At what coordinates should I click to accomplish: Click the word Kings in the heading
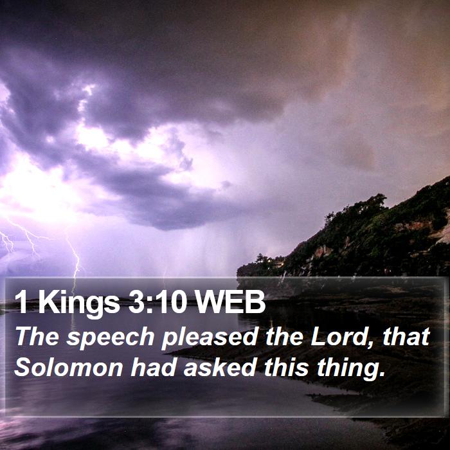[x=79, y=303]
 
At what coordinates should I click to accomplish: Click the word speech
[x=111, y=338]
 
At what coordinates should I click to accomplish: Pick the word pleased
[x=210, y=338]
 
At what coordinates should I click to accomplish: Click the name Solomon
[x=69, y=367]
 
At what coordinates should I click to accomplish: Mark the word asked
[x=220, y=367]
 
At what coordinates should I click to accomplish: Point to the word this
[x=286, y=367]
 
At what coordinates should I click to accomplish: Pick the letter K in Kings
[x=48, y=301]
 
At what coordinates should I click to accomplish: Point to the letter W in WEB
[x=208, y=301]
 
